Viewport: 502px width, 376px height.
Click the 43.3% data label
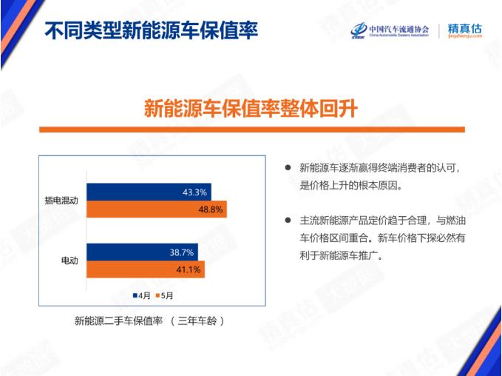coord(194,192)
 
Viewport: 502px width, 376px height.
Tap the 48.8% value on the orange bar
coord(211,209)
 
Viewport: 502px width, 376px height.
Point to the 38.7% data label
coord(182,252)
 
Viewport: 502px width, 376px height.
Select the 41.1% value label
coord(189,269)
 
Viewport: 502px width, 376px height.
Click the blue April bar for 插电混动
coord(149,192)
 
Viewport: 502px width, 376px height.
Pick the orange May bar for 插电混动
coord(157,209)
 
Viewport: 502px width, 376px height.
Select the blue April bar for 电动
coord(143,252)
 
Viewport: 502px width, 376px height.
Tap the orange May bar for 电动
coord(146,269)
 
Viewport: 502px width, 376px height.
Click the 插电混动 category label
coord(61,201)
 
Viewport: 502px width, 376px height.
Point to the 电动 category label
coord(69,261)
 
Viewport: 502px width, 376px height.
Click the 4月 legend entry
coord(141,295)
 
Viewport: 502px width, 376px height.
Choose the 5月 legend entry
coord(164,295)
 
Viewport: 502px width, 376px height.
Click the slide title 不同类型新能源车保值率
coord(151,31)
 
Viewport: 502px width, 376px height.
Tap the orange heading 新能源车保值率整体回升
coord(251,108)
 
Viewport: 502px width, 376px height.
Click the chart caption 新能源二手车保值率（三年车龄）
coord(149,321)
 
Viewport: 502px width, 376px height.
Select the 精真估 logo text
coord(464,28)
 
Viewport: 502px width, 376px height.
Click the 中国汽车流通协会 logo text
coord(399,29)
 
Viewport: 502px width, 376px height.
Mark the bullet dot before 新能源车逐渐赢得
coord(288,167)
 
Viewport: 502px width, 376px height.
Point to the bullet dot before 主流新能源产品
coord(288,221)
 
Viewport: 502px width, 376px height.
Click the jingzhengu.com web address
coord(465,36)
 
